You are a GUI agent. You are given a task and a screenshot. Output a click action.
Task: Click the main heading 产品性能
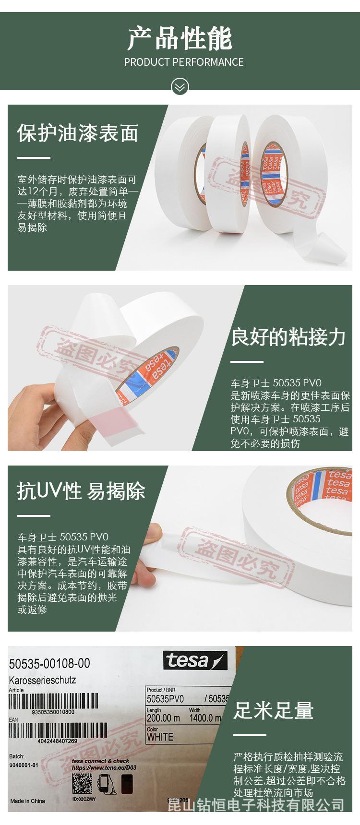180,39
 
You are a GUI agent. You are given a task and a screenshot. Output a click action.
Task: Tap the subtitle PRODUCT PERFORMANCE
183,62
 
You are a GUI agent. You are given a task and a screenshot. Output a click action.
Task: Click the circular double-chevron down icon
180,87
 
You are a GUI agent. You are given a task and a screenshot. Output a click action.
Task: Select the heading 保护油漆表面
78,133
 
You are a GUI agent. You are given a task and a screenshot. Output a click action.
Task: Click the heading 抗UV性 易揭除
81,491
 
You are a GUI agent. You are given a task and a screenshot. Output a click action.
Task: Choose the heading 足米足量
273,710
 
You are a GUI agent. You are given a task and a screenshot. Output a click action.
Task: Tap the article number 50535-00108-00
49,663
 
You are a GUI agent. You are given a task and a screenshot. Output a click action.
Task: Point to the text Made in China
28,801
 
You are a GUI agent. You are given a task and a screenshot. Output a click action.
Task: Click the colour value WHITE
160,737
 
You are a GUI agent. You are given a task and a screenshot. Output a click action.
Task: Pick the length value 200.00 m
163,718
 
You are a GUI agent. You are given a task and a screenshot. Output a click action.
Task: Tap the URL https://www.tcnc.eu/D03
104,767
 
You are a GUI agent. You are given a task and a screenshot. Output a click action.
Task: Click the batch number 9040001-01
24,765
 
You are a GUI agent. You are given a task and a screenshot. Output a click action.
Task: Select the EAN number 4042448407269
57,741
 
